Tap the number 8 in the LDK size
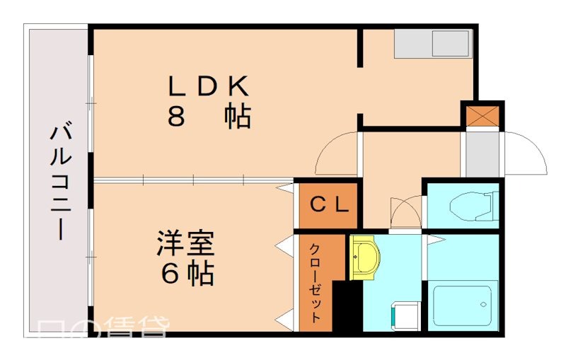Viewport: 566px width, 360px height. pyautogui.click(x=177, y=117)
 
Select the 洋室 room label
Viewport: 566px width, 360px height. pyautogui.click(x=186, y=244)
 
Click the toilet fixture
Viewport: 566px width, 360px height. pyautogui.click(x=470, y=205)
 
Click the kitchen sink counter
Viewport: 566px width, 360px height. pyautogui.click(x=432, y=44)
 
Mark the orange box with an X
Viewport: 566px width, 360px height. pyautogui.click(x=483, y=115)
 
